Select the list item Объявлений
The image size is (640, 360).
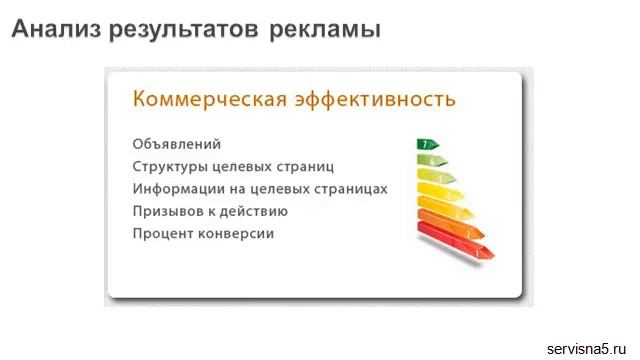[176, 145]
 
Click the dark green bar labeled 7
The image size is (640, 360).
[427, 145]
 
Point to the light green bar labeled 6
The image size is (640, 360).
[432, 161]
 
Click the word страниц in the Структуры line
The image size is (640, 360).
[308, 167]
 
